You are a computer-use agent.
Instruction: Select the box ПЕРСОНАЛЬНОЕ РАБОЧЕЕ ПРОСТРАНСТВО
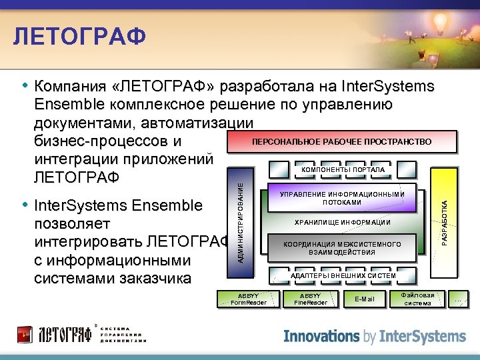pyautogui.click(x=342, y=142)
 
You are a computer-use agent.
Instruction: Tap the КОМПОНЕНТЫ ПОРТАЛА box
pyautogui.click(x=343, y=171)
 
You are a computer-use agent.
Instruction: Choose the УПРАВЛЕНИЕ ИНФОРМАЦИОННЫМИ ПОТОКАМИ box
pyautogui.click(x=342, y=198)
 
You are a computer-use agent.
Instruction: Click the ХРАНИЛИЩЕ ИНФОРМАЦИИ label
pyautogui.click(x=343, y=222)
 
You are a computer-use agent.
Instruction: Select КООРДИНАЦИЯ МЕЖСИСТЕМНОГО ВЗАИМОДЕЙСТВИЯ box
pyautogui.click(x=342, y=248)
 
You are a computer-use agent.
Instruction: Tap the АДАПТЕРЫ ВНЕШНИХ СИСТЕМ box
pyautogui.click(x=343, y=275)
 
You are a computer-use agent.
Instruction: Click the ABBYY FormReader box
pyautogui.click(x=248, y=299)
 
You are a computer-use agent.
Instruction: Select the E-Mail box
pyautogui.click(x=365, y=299)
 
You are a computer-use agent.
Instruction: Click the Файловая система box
pyautogui.click(x=417, y=299)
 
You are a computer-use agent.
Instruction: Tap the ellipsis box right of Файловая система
pyautogui.click(x=459, y=299)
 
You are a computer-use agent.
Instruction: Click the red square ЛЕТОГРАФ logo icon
pyautogui.click(x=25, y=333)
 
